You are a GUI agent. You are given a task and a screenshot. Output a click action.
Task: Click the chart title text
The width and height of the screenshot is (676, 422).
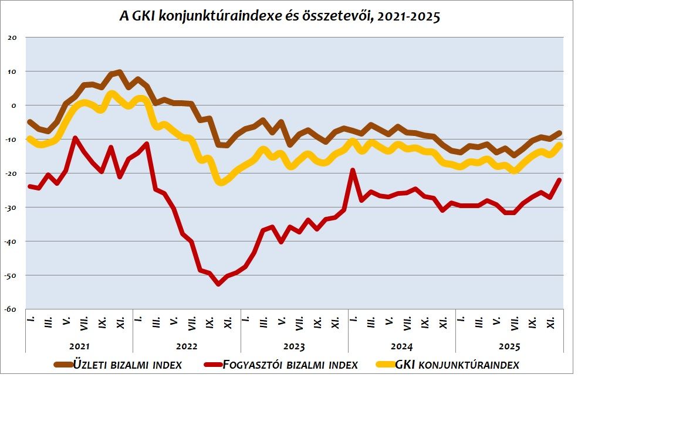[x=279, y=16]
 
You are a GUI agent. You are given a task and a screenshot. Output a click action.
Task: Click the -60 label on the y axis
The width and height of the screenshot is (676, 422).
[x=12, y=309]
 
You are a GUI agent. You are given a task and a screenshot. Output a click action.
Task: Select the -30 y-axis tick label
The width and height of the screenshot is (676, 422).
[x=12, y=207]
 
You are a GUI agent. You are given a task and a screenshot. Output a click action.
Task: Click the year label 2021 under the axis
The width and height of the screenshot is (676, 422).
[x=79, y=346]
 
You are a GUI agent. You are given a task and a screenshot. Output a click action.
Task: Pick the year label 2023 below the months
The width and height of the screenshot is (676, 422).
[x=294, y=346]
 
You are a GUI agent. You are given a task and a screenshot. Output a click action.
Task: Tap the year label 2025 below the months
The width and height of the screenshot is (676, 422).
[x=509, y=346]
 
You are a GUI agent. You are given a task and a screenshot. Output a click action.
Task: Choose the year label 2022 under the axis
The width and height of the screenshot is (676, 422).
[x=187, y=346]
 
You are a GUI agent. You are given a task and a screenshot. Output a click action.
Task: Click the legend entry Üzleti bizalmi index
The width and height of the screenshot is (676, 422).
[x=128, y=365]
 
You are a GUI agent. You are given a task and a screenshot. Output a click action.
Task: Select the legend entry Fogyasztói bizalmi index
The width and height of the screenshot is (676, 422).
[x=290, y=365]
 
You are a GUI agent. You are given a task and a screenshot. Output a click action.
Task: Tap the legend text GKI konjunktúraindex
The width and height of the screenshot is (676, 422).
[x=457, y=365]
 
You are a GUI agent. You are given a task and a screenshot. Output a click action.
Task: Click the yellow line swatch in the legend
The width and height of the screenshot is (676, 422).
[x=384, y=365]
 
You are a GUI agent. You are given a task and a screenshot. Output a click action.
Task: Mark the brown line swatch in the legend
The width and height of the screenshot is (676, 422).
[x=63, y=365]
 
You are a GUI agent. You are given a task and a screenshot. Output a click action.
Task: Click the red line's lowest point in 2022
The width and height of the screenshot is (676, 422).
[x=218, y=284]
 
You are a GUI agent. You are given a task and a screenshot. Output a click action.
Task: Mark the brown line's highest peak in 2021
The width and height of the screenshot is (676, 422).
[x=120, y=72]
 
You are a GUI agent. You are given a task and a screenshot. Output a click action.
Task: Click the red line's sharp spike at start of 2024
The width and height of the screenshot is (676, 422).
[x=353, y=171]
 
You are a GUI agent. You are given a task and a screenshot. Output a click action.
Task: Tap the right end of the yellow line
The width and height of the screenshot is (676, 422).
[x=559, y=145]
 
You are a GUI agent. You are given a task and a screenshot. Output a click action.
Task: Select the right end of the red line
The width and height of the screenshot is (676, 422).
[x=559, y=180]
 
